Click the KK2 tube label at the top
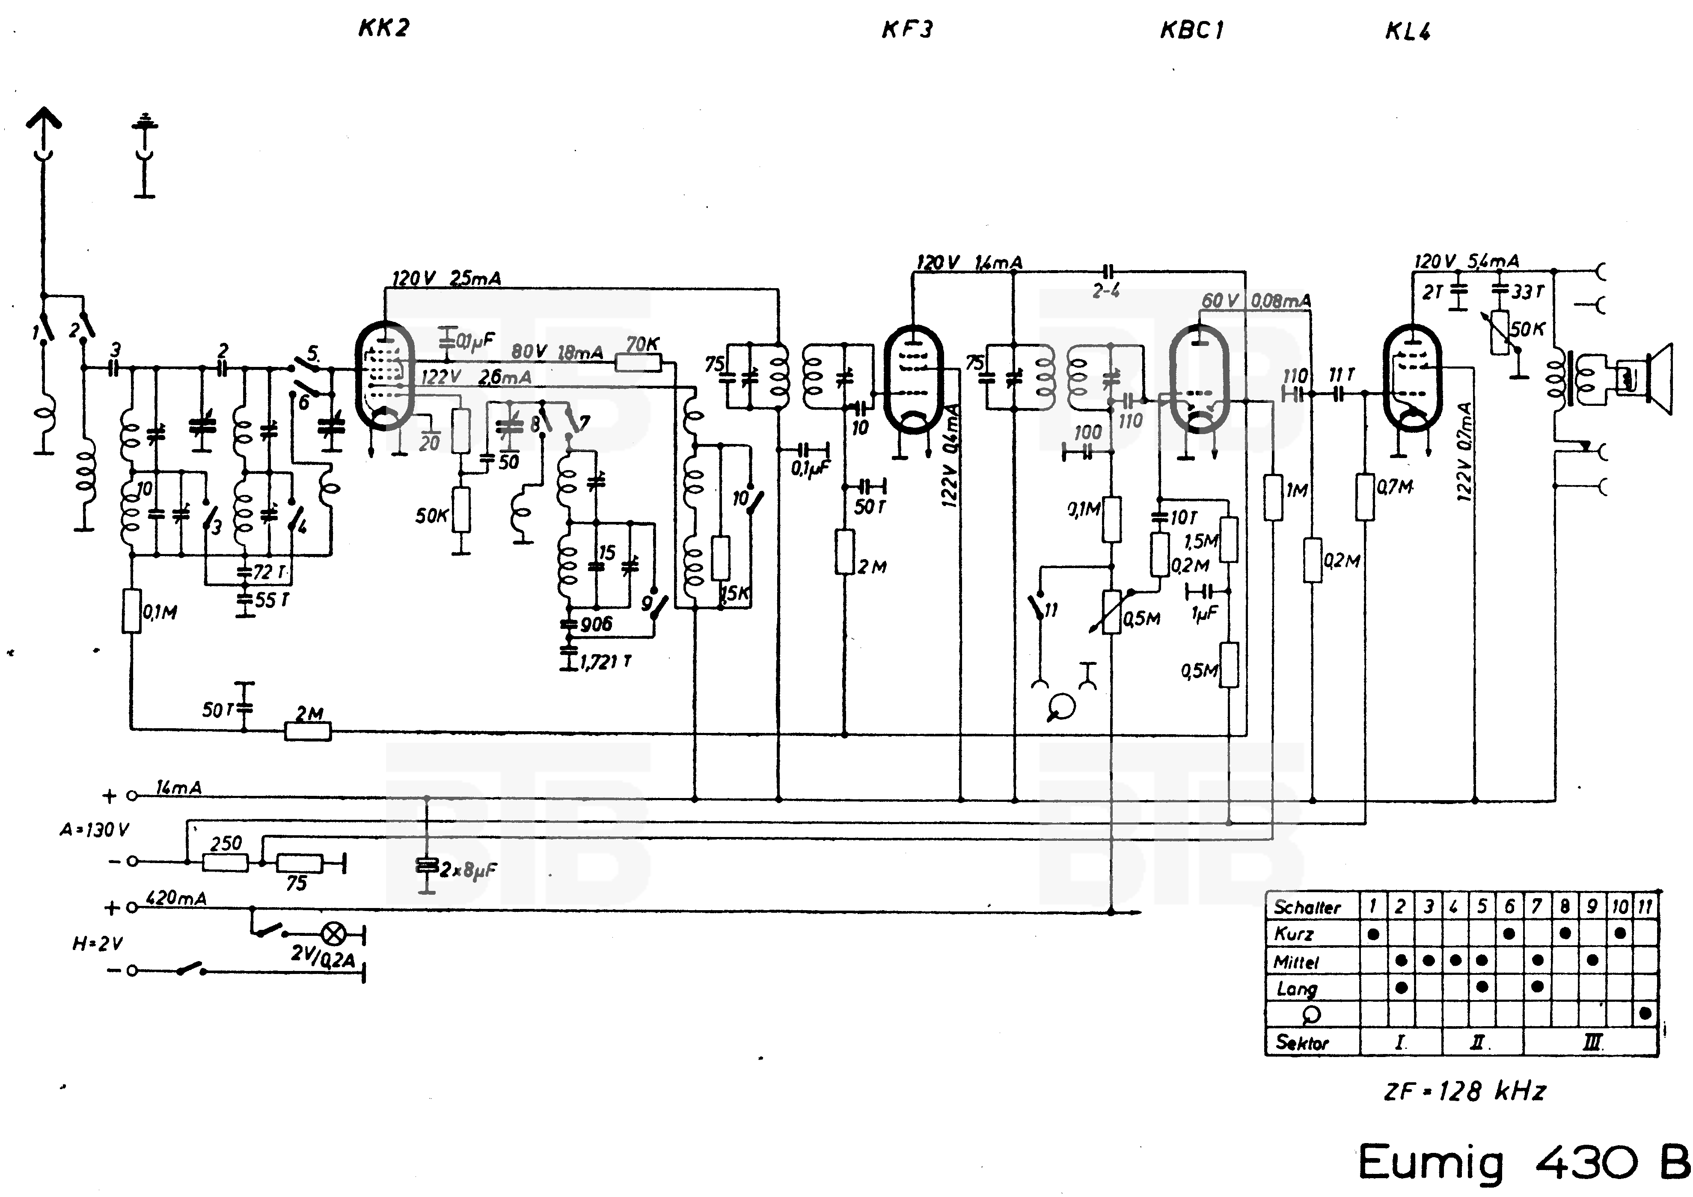(x=383, y=28)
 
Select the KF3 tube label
(x=907, y=30)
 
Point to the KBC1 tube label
(x=1191, y=30)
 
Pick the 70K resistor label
(x=642, y=344)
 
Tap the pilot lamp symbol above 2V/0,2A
(x=334, y=935)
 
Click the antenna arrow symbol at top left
(x=44, y=119)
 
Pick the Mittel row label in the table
(x=1296, y=962)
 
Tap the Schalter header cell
(x=1307, y=906)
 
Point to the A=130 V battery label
(x=95, y=830)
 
